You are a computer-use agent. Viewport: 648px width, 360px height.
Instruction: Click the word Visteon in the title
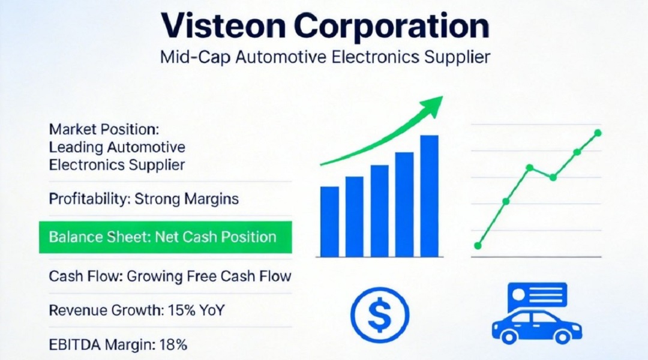coord(223,26)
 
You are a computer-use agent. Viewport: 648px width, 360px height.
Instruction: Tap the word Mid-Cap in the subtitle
coord(195,57)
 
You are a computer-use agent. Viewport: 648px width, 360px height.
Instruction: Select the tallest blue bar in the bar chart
coord(430,196)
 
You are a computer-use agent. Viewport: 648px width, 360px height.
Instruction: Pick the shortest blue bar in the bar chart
coord(329,221)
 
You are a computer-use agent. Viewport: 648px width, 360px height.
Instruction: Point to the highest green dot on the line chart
coord(598,133)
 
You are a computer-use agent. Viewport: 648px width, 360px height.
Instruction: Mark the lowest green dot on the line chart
coord(478,246)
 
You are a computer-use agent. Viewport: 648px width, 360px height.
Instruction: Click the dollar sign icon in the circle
coord(380,315)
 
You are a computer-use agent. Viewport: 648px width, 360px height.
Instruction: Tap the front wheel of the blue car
coord(509,336)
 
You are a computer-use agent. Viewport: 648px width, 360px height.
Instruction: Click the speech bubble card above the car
coord(537,296)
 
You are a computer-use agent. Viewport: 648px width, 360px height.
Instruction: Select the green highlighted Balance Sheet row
coord(166,237)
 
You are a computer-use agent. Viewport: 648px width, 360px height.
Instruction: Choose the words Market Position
coord(104,130)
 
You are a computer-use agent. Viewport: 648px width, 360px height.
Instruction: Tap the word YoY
coord(212,310)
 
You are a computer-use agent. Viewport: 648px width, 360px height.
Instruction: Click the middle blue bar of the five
coord(379,211)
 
